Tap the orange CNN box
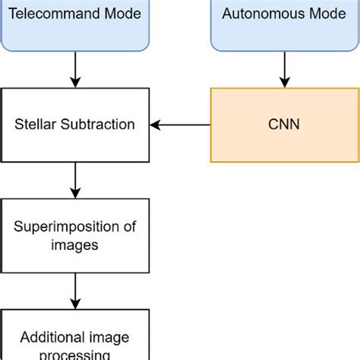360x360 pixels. tap(283, 125)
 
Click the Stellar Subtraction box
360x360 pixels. tap(74, 125)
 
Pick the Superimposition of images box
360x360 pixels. tap(74, 235)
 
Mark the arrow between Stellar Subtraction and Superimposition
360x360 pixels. tap(74, 179)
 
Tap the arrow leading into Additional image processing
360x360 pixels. tap(74, 289)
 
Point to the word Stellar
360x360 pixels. tap(33, 125)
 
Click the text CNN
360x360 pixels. tap(283, 125)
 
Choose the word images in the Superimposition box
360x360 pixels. tap(74, 245)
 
